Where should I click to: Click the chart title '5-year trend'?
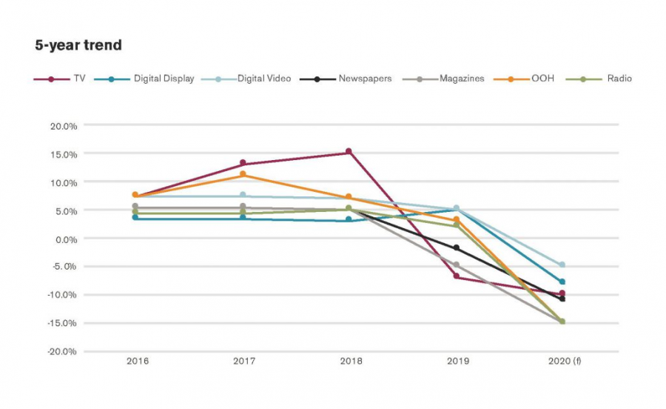pos(78,46)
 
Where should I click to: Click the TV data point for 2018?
pos(349,152)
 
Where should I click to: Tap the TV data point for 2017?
pos(243,163)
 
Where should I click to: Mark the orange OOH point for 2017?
pos(243,175)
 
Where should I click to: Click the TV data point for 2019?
pos(457,276)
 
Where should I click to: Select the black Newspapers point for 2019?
pos(457,248)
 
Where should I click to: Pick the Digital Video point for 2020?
pos(562,265)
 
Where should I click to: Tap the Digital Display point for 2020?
pos(562,282)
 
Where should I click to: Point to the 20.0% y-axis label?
pos(64,126)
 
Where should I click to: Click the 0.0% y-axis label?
pos(65,239)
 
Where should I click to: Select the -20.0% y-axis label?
pos(62,351)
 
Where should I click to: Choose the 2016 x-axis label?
pos(137,362)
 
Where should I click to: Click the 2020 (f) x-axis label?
pos(564,362)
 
